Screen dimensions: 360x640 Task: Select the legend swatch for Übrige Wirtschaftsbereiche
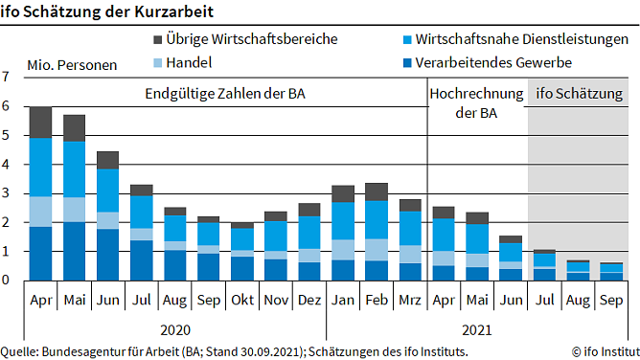click(x=159, y=40)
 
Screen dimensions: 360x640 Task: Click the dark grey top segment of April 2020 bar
click(x=40, y=122)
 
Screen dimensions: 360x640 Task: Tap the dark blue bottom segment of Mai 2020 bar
click(x=75, y=251)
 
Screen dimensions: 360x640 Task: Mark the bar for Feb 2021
click(x=377, y=231)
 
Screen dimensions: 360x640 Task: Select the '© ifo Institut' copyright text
click(x=601, y=351)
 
